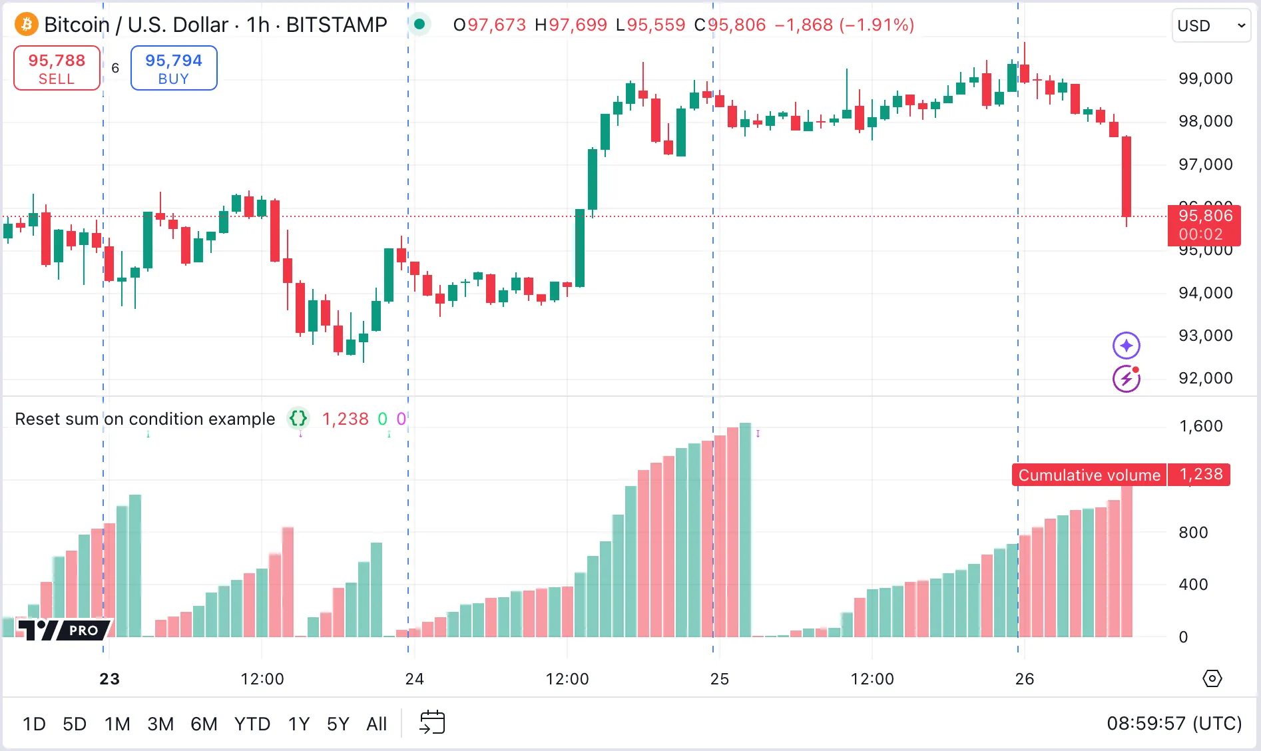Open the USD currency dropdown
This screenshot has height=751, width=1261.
point(1210,26)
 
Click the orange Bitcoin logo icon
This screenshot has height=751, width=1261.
point(27,25)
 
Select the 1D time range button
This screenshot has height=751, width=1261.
point(34,724)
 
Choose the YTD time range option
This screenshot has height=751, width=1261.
point(252,724)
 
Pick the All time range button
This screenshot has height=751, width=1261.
point(376,724)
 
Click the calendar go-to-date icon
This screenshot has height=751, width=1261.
point(432,722)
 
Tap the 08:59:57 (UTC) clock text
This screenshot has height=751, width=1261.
point(1174,724)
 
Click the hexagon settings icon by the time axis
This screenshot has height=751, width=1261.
point(1212,678)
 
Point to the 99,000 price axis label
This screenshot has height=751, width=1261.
point(1205,79)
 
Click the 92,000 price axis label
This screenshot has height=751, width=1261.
point(1205,378)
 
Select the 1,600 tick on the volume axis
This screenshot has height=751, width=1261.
point(1201,426)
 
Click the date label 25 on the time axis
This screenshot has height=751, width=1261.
point(719,679)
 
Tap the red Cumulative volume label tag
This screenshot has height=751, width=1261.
point(1089,475)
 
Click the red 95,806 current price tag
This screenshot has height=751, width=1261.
point(1204,224)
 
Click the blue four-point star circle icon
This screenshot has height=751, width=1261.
point(1126,346)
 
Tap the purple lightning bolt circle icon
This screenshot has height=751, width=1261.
point(1126,379)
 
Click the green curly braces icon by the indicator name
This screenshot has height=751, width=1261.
point(298,419)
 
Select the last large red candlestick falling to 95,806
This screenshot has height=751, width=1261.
point(1127,176)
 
